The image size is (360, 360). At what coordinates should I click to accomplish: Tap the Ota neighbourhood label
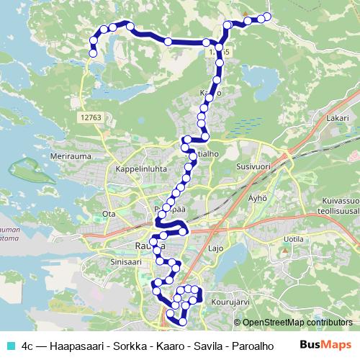click(x=109, y=214)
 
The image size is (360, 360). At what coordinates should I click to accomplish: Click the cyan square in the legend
click(x=11, y=346)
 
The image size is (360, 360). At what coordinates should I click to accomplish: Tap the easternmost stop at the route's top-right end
click(x=268, y=17)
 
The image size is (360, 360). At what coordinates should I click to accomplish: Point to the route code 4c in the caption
click(x=28, y=346)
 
